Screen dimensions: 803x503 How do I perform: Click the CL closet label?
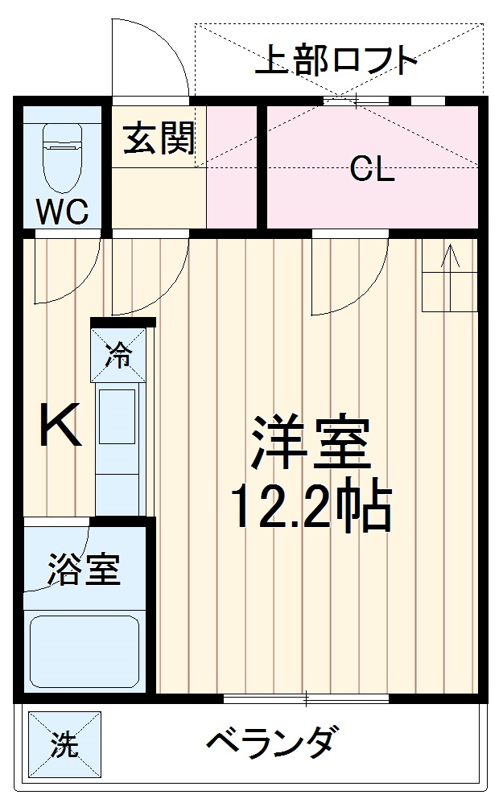click(372, 170)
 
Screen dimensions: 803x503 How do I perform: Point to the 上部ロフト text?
click(337, 61)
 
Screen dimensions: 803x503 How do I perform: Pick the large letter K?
click(61, 427)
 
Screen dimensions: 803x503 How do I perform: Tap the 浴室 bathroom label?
click(84, 570)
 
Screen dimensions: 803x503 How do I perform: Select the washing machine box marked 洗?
click(66, 744)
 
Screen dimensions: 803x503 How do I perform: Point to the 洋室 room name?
click(311, 443)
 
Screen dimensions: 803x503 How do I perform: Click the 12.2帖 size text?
click(311, 506)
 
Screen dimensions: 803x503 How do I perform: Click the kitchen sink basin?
click(118, 417)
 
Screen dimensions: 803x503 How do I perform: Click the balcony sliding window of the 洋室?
click(306, 698)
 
